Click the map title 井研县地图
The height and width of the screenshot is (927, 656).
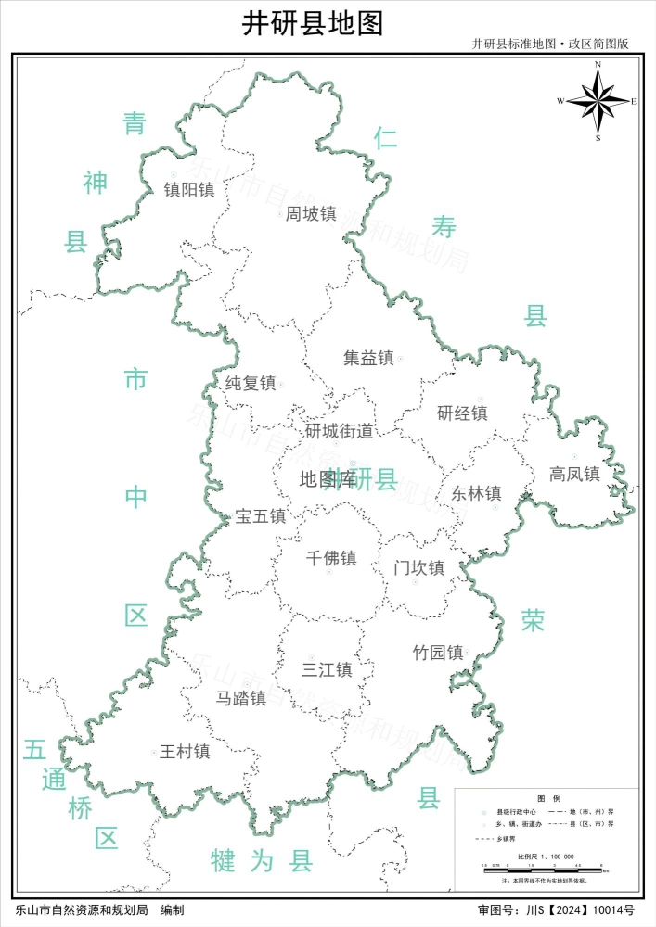(x=312, y=23)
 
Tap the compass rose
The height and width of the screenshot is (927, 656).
(x=598, y=101)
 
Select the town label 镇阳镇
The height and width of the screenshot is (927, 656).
(x=189, y=189)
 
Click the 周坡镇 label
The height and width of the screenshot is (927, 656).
(x=311, y=214)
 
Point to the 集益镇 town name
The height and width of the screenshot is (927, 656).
(x=368, y=358)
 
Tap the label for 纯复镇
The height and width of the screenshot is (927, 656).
(x=251, y=383)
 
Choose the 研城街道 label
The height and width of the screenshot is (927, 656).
(x=340, y=431)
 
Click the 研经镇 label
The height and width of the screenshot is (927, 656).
(x=462, y=413)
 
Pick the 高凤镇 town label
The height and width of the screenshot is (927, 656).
(x=574, y=474)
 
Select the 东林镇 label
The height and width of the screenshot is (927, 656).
(x=476, y=493)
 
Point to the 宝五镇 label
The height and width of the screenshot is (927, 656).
(x=261, y=516)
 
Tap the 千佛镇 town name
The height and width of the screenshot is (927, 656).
(x=331, y=558)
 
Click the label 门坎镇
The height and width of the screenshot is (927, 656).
(x=418, y=567)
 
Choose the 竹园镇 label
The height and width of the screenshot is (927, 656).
(x=437, y=653)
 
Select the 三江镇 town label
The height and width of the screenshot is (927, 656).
(x=328, y=669)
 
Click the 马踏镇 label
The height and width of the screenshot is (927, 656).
(x=241, y=698)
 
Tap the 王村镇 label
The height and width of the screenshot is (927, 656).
(x=185, y=752)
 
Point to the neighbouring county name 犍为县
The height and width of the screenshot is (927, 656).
(x=261, y=861)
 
